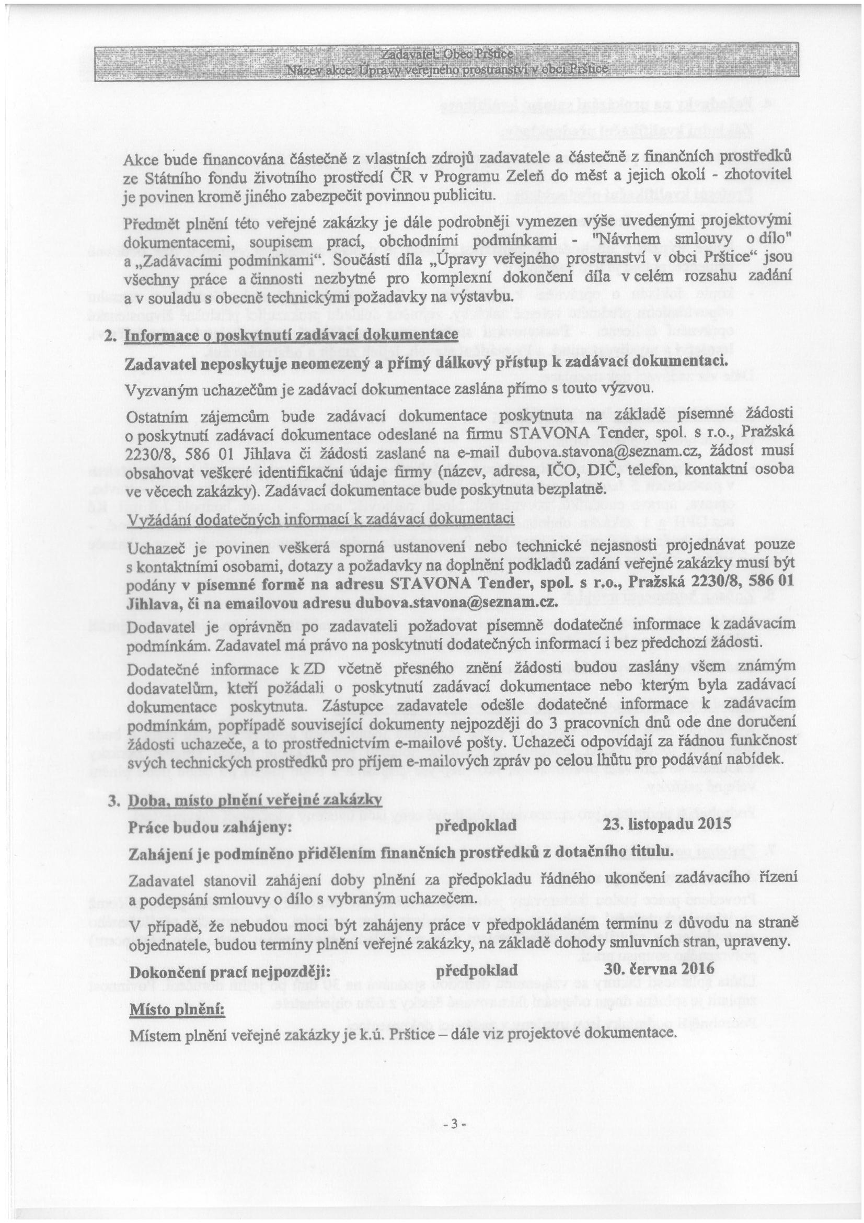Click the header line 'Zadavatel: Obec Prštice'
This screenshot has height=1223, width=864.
tap(447, 55)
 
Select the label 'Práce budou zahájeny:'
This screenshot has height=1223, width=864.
tap(210, 826)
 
